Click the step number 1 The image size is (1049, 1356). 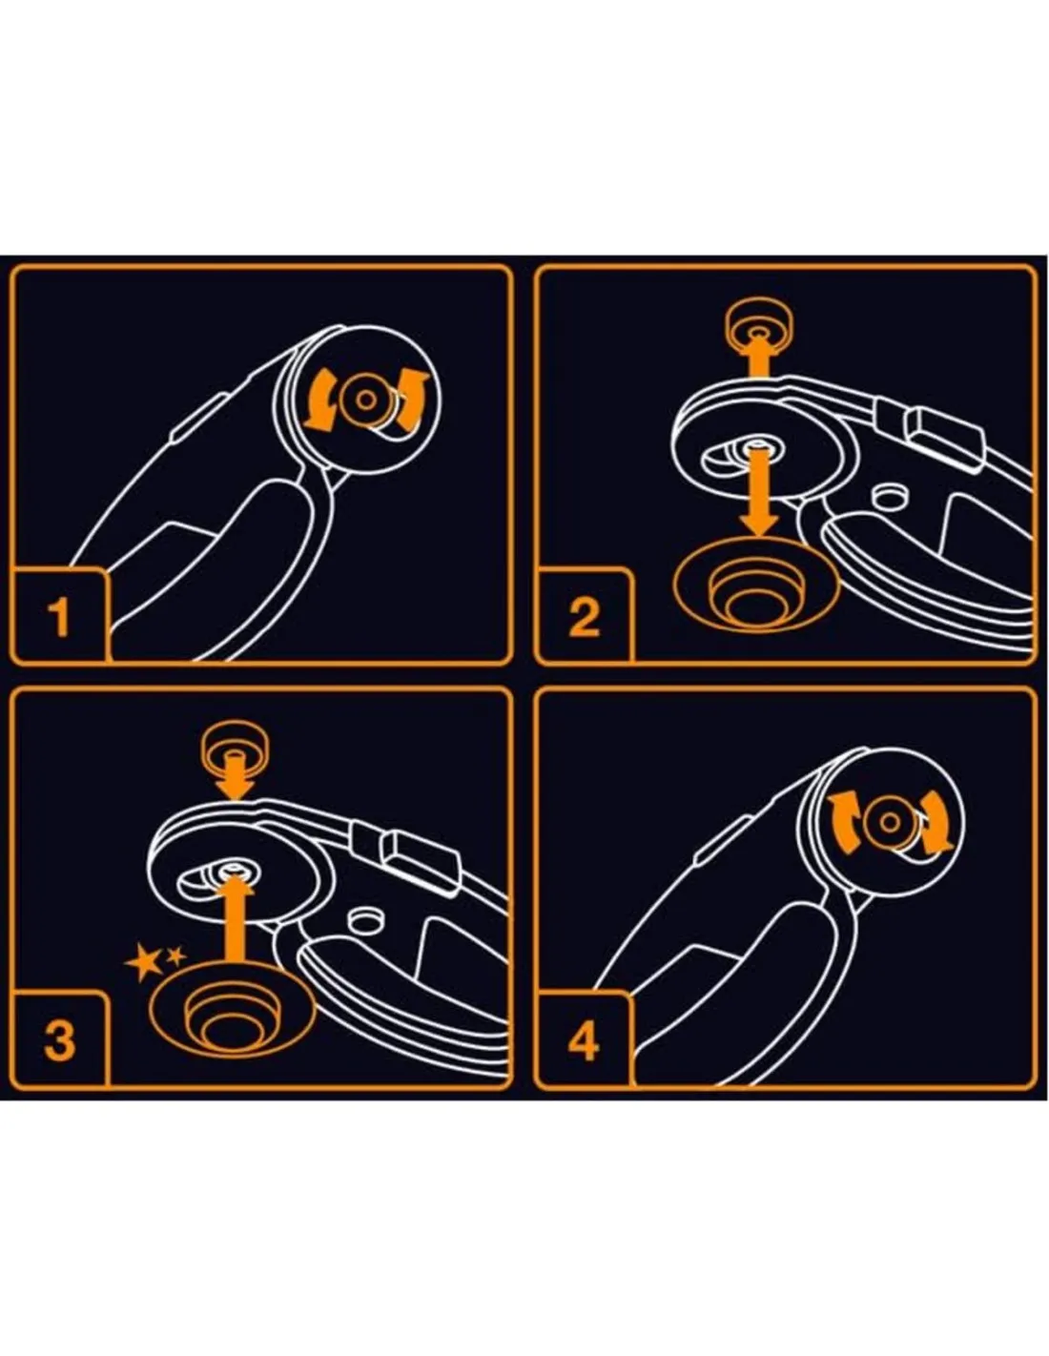point(59,617)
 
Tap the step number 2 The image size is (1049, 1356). point(585,617)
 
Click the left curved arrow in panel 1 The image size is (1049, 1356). point(321,399)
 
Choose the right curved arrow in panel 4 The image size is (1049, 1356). point(936,823)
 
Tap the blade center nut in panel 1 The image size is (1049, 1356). point(365,400)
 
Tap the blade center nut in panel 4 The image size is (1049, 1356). point(890,823)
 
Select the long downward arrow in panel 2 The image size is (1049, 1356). point(759,493)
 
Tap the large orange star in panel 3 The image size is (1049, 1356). point(143,961)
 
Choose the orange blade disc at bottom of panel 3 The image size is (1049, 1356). point(232,1010)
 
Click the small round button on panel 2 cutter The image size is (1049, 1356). point(891,496)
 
